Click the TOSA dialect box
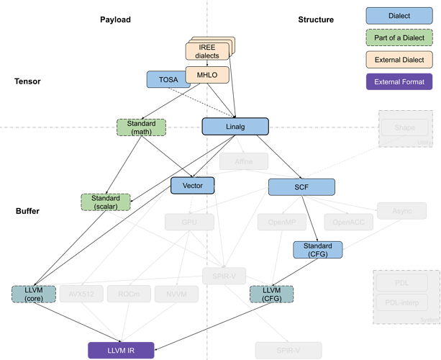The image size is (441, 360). pyautogui.click(x=167, y=79)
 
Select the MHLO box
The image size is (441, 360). pyautogui.click(x=207, y=74)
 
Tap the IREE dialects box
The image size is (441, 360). pyautogui.click(x=206, y=51)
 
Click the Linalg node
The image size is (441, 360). pyautogui.click(x=235, y=127)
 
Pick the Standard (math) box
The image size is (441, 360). pyautogui.click(x=141, y=127)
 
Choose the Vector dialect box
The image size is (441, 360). pyautogui.click(x=192, y=186)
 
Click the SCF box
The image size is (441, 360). pyautogui.click(x=301, y=187)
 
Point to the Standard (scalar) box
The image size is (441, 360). pyautogui.click(x=105, y=202)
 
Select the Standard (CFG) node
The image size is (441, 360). pyautogui.click(x=317, y=249)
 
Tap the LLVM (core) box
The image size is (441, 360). pyautogui.click(x=33, y=294)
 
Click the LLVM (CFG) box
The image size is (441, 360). pyautogui.click(x=271, y=294)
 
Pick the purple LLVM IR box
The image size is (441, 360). pyautogui.click(x=121, y=350)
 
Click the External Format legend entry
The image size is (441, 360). pyautogui.click(x=399, y=82)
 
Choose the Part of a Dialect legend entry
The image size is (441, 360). pyautogui.click(x=399, y=37)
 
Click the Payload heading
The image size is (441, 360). pyautogui.click(x=115, y=19)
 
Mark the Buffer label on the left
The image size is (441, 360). pyautogui.click(x=27, y=211)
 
